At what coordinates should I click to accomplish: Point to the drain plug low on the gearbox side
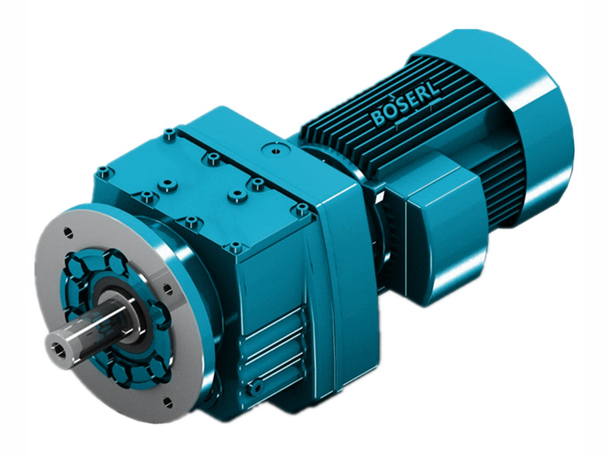257,388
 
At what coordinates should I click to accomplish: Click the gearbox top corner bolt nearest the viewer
234,248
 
